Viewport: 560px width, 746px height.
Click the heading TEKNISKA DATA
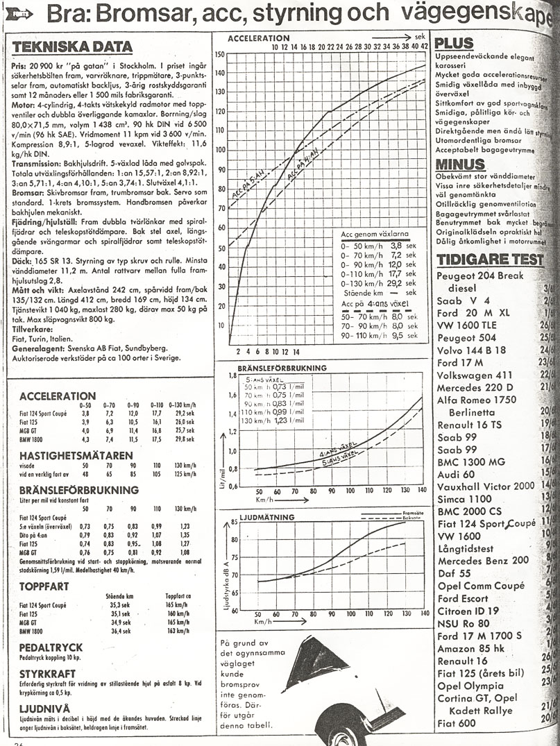coord(72,47)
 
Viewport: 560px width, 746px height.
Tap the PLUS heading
coord(454,43)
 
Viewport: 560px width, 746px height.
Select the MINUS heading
coord(459,165)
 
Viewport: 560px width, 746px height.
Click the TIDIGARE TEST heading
coord(489,260)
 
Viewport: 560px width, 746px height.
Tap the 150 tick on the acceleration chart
coord(221,54)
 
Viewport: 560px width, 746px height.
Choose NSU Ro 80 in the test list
coord(464,624)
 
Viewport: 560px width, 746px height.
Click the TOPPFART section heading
coord(45,586)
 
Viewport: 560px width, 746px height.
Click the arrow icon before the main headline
coord(20,12)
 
